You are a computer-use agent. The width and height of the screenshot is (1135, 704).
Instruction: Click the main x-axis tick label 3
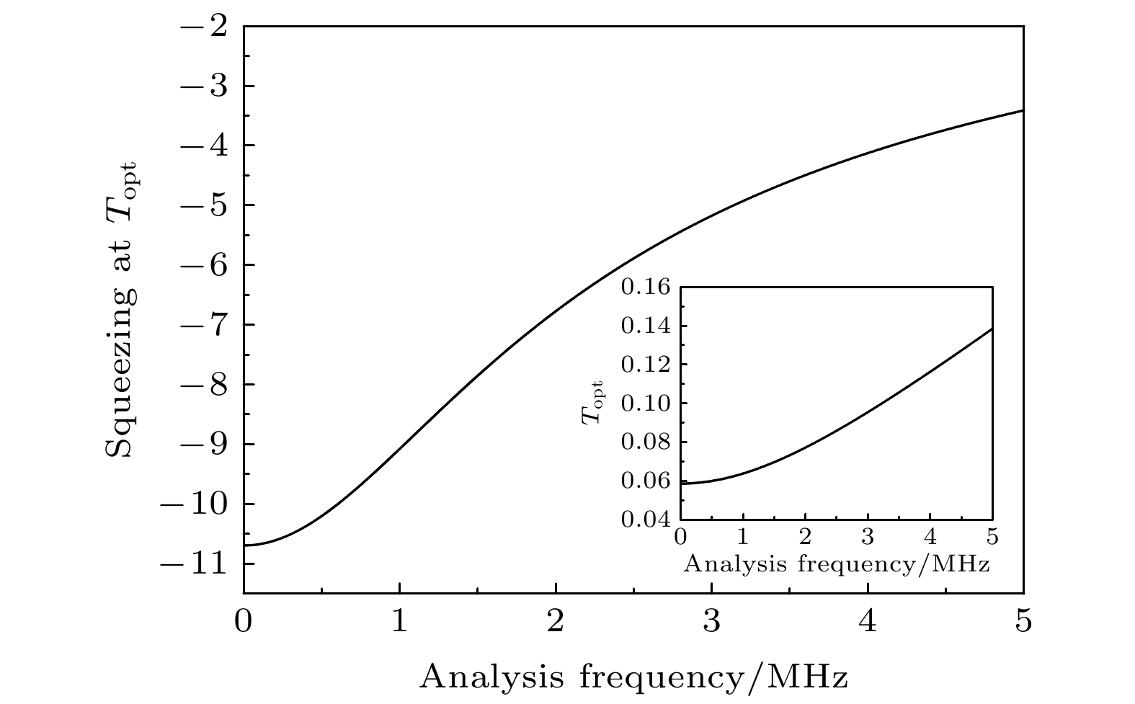[x=711, y=621]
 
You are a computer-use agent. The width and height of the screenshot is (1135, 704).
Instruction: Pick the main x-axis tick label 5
[x=1023, y=621]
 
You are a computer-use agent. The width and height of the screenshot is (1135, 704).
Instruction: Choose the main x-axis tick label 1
[x=399, y=621]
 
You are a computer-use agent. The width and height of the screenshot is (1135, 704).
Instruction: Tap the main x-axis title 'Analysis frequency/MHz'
[x=633, y=678]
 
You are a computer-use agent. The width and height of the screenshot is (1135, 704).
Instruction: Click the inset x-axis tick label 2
[x=805, y=538]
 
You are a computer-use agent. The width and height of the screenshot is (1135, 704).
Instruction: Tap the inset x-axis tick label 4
[x=930, y=538]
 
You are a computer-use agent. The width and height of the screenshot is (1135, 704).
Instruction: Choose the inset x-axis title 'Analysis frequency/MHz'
[x=836, y=563]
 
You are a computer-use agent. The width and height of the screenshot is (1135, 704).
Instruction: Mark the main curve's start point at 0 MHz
[x=244, y=545]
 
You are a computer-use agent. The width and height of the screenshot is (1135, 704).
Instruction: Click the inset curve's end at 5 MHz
[x=992, y=329]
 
